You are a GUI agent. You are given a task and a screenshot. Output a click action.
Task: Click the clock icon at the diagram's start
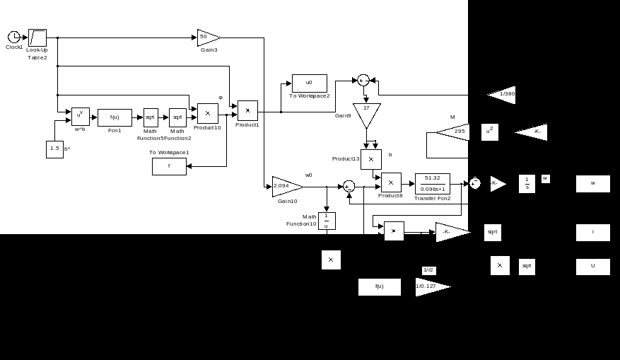(13, 37)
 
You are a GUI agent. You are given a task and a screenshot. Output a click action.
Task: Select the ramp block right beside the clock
(37, 37)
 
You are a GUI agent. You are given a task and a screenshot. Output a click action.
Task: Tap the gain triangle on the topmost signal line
(209, 37)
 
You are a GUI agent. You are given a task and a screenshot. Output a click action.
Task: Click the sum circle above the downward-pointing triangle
(363, 80)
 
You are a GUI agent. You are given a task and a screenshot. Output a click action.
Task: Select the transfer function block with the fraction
(432, 183)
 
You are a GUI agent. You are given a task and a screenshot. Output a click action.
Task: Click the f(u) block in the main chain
(115, 117)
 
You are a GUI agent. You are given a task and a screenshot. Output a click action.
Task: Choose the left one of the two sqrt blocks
(151, 117)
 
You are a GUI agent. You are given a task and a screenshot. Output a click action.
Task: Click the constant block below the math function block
(54, 149)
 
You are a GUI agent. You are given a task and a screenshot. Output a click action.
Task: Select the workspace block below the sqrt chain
(169, 166)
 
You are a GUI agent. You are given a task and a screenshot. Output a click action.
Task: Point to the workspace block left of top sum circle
(309, 83)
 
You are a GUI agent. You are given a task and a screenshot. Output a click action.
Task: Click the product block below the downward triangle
(370, 159)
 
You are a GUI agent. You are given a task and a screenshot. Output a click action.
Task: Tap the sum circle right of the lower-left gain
(349, 185)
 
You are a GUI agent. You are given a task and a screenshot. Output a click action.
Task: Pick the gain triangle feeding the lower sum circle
(287, 186)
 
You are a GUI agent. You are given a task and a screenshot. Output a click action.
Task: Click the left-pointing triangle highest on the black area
(502, 95)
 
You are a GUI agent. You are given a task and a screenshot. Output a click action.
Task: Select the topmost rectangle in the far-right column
(592, 184)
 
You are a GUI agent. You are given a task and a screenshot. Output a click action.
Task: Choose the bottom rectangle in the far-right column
(592, 267)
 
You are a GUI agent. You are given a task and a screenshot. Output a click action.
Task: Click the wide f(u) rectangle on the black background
(379, 286)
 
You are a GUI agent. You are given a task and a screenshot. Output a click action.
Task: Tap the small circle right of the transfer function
(475, 183)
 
